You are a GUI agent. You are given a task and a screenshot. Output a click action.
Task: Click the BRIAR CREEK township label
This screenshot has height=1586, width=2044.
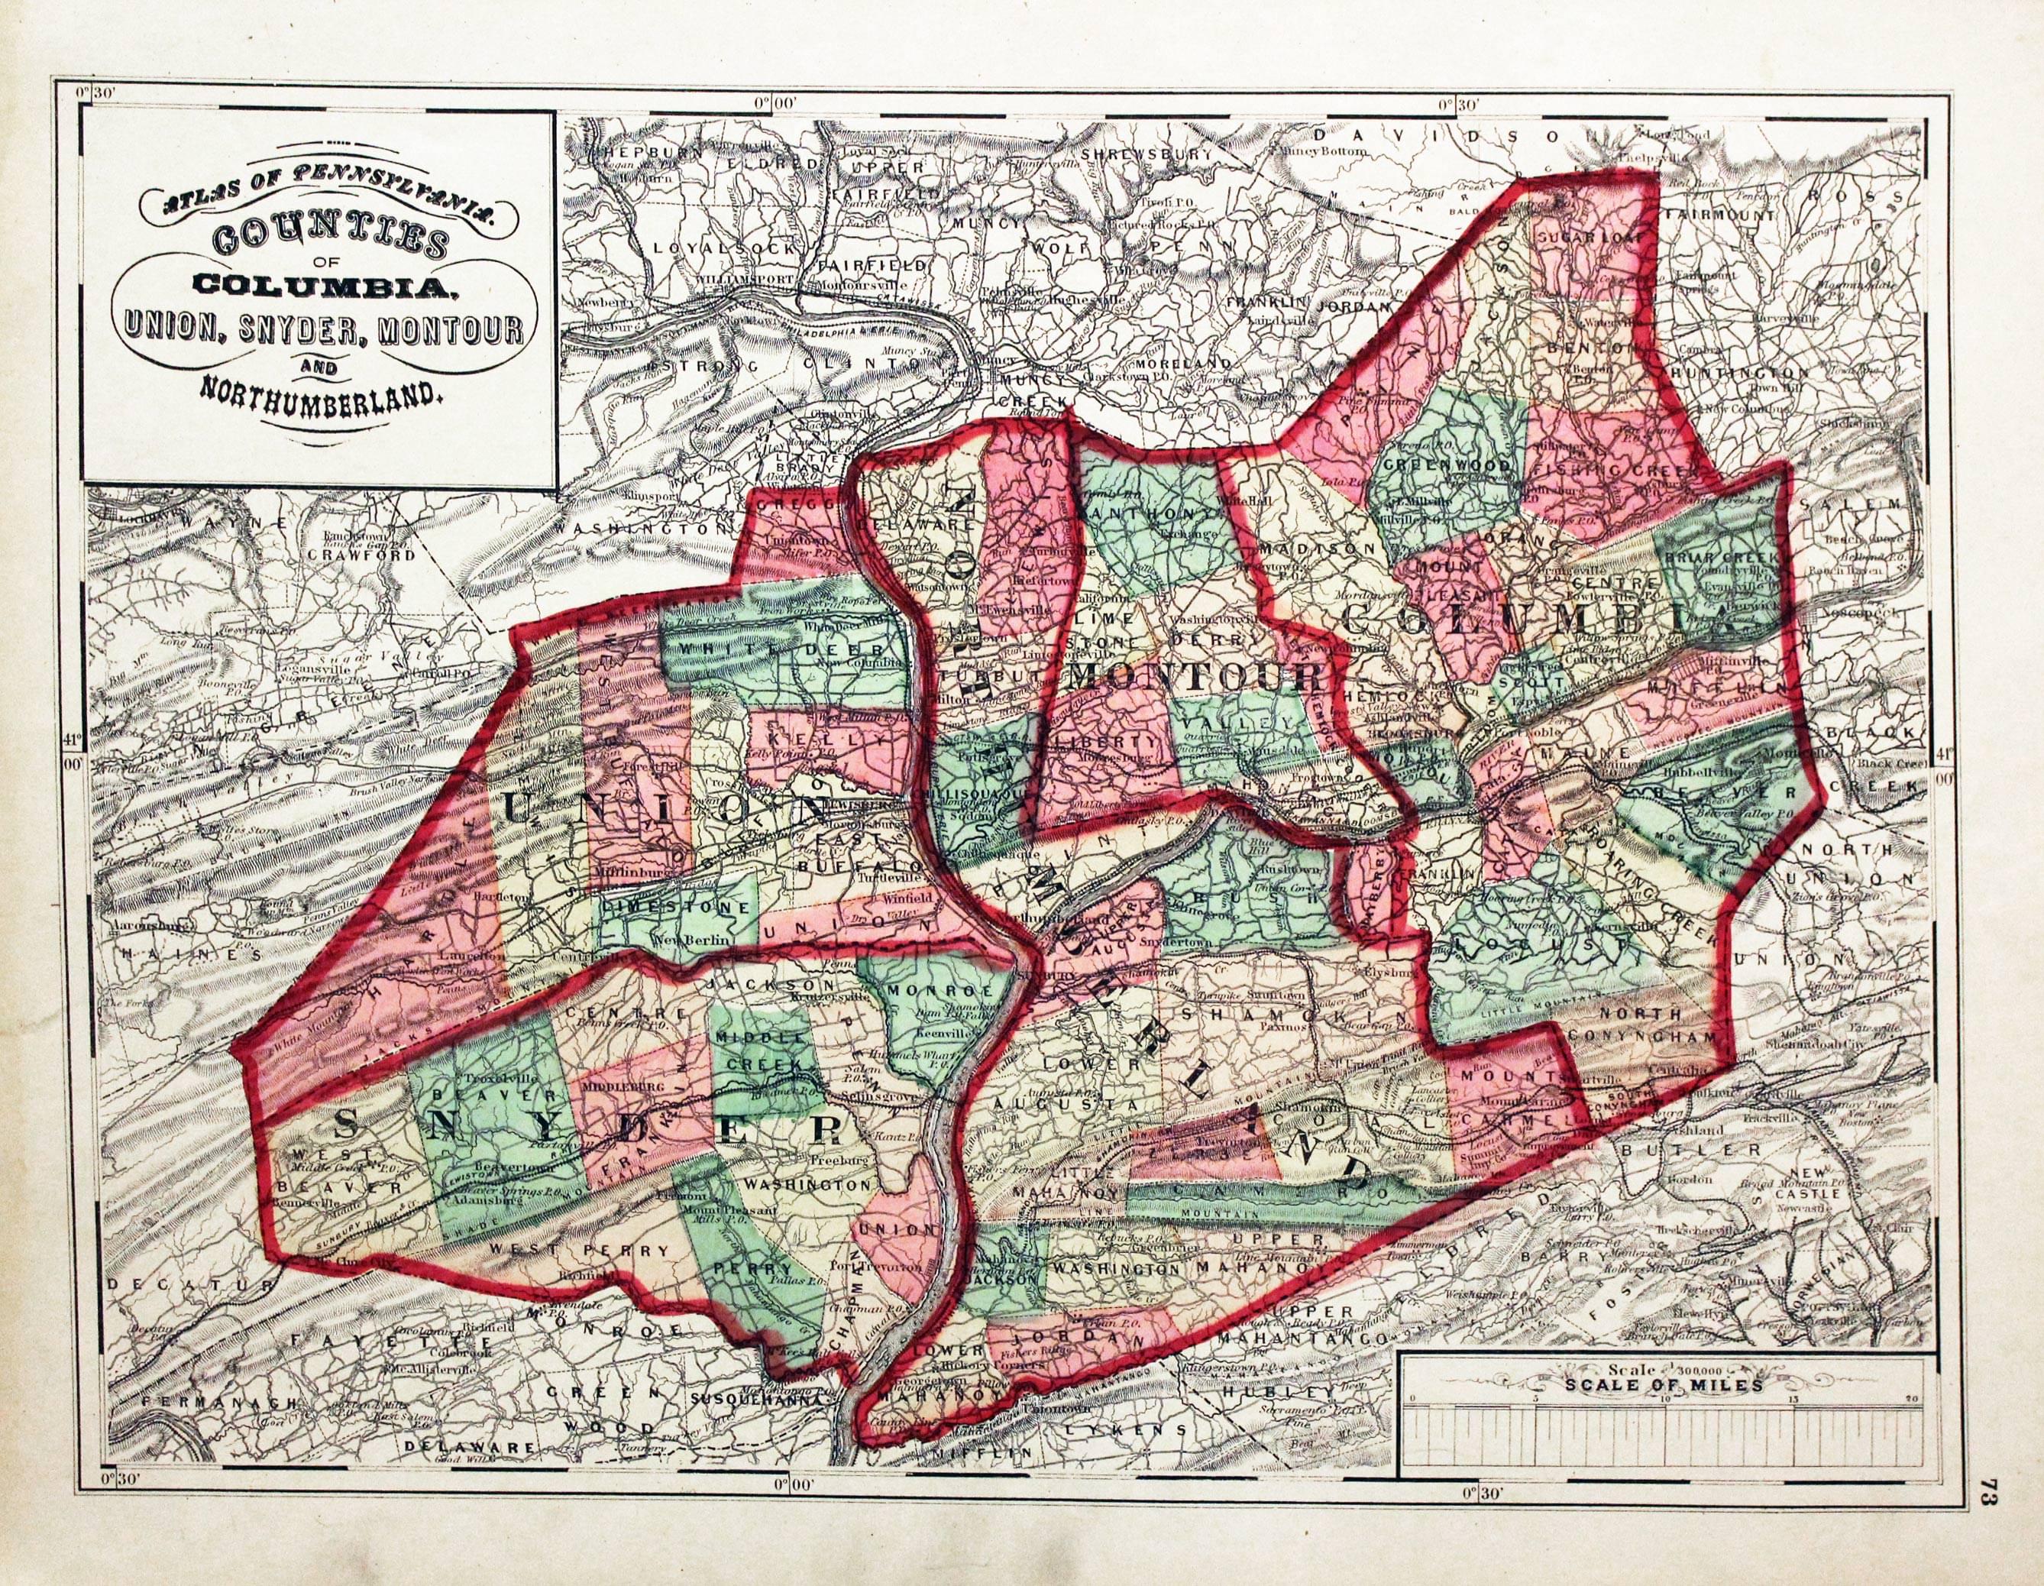pos(1720,556)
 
